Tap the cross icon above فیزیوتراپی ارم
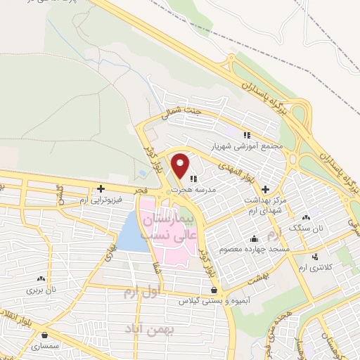tap(102, 188)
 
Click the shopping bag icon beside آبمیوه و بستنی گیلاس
tap(214, 290)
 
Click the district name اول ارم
tap(146, 290)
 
